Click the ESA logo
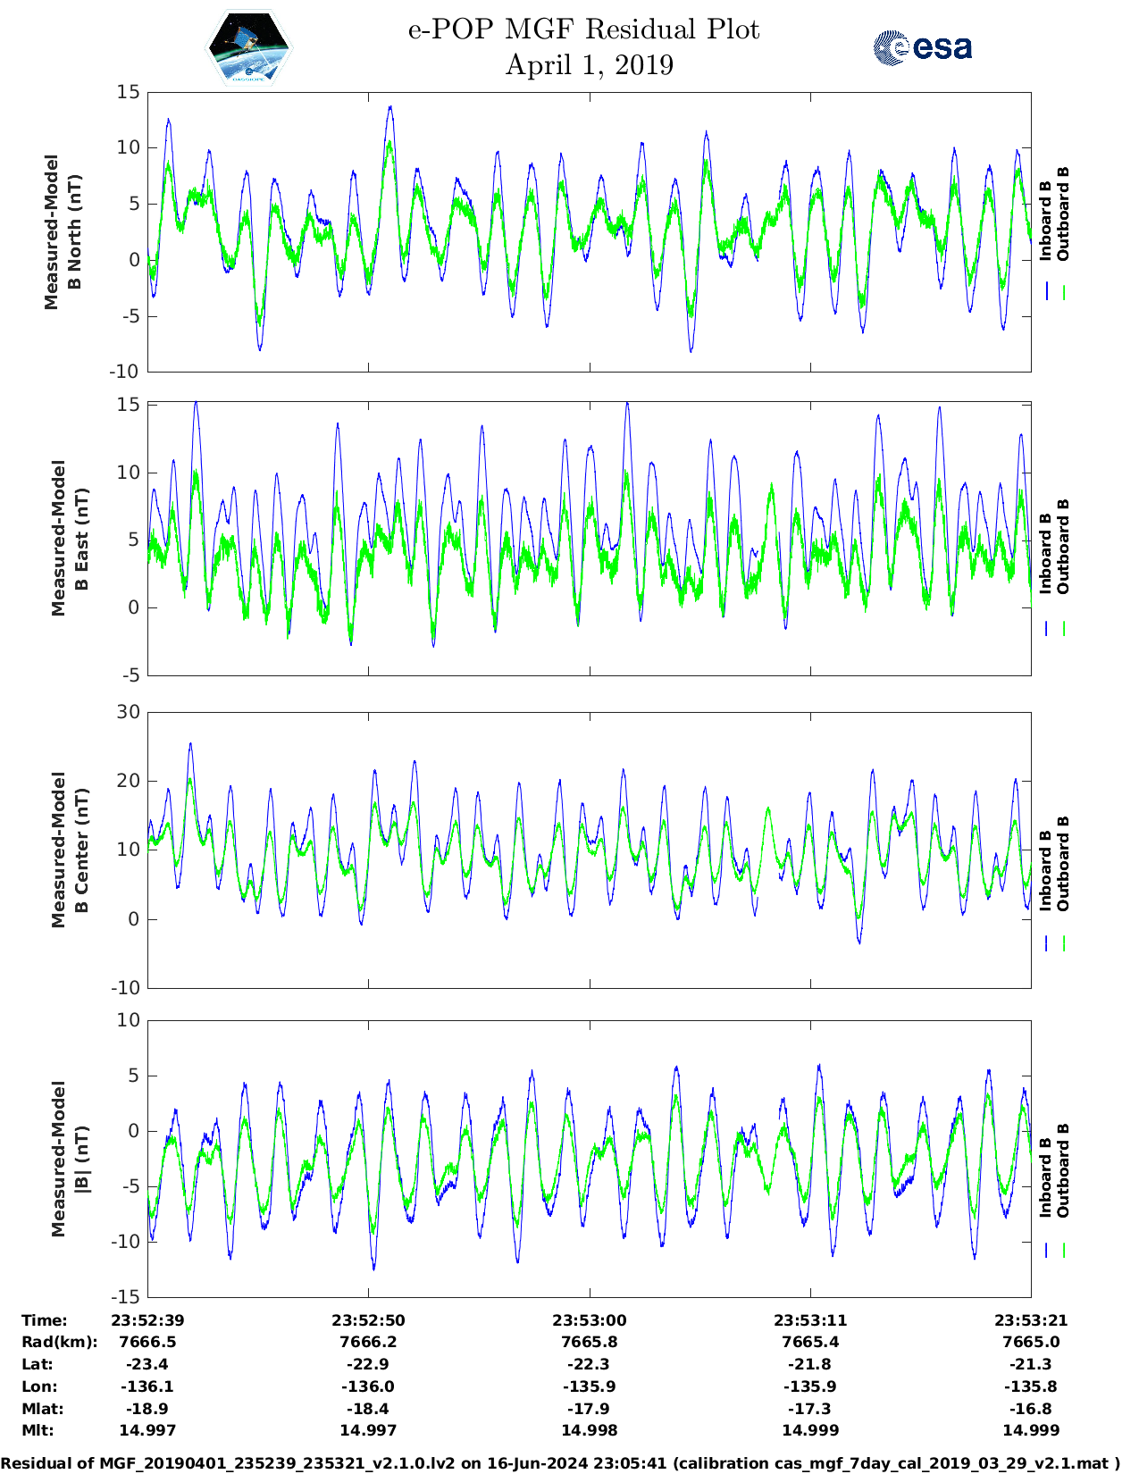tap(922, 47)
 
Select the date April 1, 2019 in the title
tap(589, 65)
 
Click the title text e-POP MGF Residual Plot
tap(583, 29)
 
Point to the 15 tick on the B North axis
tap(129, 92)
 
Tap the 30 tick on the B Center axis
tap(129, 712)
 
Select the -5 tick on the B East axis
tap(130, 675)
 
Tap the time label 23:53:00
tap(589, 1320)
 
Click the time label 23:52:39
tap(147, 1320)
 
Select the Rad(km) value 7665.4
tap(809, 1342)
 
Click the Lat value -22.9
tap(368, 1364)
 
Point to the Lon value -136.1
tap(147, 1386)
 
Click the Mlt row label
tap(38, 1430)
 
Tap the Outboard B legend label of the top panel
tap(1063, 214)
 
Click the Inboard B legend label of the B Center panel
tap(1045, 871)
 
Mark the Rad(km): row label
tap(59, 1342)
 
